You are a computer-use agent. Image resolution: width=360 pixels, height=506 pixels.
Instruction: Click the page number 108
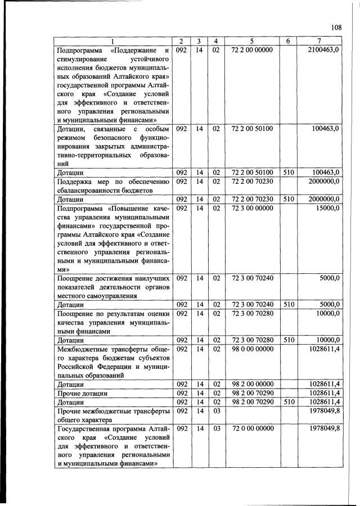336,28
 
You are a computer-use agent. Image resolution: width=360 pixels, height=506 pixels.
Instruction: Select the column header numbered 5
252,41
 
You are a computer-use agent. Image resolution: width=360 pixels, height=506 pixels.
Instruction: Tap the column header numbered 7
319,41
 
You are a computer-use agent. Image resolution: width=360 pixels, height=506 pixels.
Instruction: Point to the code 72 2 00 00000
252,50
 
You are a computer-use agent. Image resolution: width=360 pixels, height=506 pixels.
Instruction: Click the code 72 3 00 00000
252,208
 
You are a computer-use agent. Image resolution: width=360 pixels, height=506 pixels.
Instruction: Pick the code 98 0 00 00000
252,349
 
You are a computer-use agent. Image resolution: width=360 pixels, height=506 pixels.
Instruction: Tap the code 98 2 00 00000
252,384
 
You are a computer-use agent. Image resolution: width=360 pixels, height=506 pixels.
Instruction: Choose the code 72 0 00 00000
252,428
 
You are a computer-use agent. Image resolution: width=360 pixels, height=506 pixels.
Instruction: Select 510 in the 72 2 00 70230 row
288,199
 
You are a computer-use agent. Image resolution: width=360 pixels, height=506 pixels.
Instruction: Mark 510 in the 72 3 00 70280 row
288,340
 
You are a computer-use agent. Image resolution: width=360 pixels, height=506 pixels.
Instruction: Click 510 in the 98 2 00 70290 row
288,402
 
